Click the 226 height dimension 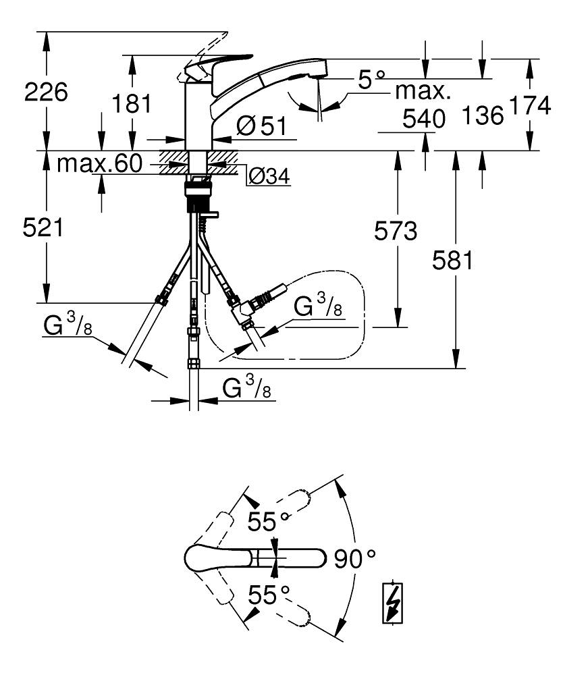(46, 92)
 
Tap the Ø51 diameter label (262, 126)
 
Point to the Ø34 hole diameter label (269, 177)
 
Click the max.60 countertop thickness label (100, 163)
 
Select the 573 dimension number (396, 232)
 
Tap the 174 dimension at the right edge (534, 106)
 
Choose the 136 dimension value (484, 116)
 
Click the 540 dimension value (425, 119)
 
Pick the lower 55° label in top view (267, 595)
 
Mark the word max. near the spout (423, 90)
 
